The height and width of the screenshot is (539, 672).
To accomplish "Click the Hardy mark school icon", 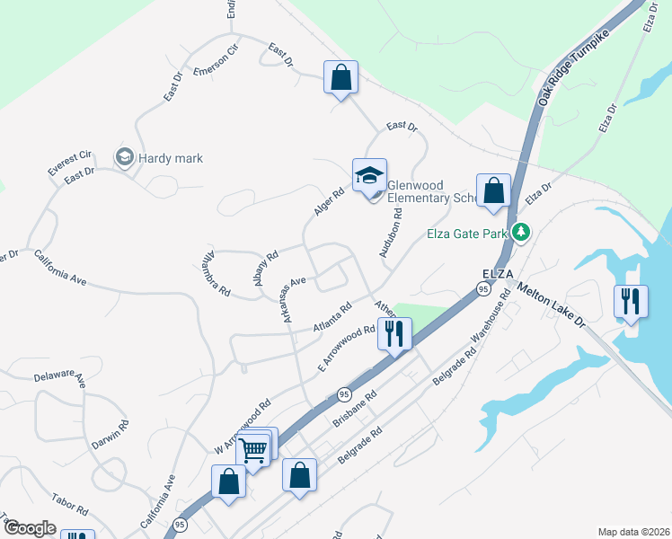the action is click(124, 158).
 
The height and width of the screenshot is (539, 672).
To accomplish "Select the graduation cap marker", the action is click(369, 175).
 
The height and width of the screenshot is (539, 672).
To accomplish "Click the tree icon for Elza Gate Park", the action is click(521, 234).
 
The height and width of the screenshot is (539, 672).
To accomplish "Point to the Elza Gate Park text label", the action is click(467, 234).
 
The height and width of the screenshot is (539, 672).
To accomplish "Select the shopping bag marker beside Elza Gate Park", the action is click(493, 191).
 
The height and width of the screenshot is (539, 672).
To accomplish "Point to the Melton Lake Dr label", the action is click(550, 307).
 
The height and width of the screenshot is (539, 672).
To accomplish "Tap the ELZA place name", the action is click(497, 272).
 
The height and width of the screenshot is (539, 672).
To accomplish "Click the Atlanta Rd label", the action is click(332, 318).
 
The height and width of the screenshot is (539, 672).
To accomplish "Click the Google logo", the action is click(30, 528).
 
